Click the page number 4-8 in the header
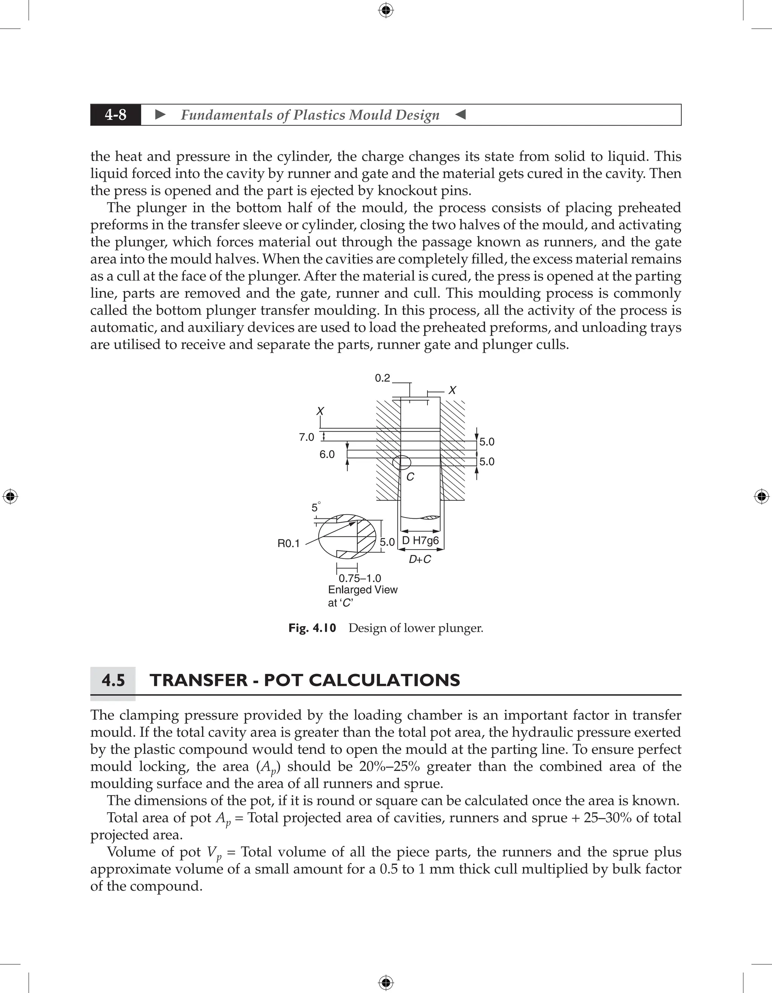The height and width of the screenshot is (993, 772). point(116,115)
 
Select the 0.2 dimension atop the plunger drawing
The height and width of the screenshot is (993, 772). point(382,378)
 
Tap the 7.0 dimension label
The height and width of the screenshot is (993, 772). point(306,437)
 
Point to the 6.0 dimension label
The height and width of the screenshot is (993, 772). point(327,454)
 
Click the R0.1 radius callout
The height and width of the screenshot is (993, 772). point(288,543)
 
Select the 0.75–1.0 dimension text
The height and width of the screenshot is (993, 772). point(360,578)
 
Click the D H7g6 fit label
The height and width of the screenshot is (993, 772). point(420,541)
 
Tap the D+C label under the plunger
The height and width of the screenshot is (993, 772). point(420,560)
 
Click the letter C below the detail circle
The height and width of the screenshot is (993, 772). point(410,477)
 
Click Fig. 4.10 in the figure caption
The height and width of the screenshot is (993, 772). point(312,628)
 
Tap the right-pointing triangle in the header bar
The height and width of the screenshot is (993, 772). point(160,115)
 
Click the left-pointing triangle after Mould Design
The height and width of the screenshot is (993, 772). point(460,115)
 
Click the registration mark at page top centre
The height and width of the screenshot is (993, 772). point(386,10)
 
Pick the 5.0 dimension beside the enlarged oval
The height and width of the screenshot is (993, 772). point(387,542)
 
